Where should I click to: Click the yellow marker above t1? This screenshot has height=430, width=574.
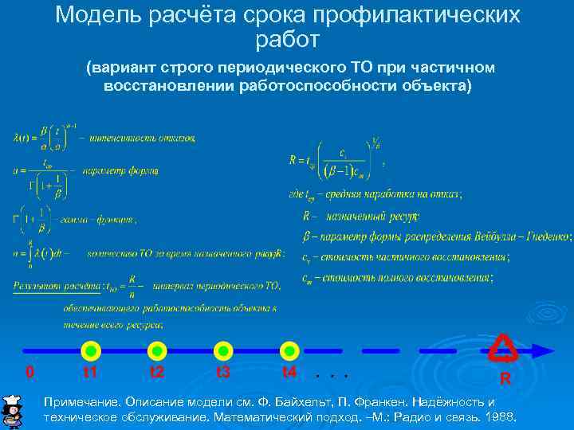(x=90, y=350)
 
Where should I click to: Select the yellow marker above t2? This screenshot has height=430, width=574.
(x=157, y=350)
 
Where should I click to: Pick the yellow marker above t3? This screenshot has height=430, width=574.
(x=223, y=350)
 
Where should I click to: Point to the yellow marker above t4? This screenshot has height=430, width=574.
(x=289, y=350)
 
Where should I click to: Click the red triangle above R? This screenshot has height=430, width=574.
(x=503, y=347)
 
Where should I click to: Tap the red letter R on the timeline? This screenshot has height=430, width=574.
(x=505, y=377)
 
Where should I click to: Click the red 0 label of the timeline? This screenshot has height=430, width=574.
(x=29, y=372)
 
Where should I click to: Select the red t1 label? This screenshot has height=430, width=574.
(x=90, y=372)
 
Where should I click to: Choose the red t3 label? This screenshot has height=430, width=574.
(x=223, y=372)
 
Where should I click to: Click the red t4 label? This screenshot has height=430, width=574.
(x=289, y=372)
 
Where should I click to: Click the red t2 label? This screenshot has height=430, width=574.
(x=157, y=372)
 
